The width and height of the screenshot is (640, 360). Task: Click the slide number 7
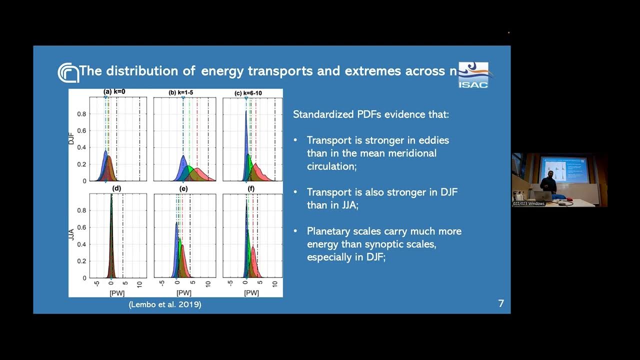(501, 303)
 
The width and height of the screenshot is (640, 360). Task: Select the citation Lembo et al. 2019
(165, 304)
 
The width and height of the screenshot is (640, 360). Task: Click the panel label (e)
(183, 188)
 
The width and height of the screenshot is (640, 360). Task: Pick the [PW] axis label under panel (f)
(251, 293)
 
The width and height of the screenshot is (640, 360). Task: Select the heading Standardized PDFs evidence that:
(371, 114)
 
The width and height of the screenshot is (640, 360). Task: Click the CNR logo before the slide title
(68, 72)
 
